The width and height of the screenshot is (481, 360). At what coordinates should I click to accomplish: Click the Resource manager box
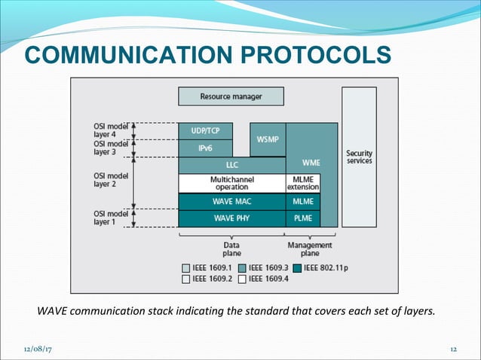[231, 96]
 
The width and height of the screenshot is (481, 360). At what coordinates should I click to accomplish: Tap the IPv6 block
[205, 148]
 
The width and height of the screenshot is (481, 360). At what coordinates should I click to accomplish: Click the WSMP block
[267, 139]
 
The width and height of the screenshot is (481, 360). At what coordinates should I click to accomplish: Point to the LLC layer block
[231, 165]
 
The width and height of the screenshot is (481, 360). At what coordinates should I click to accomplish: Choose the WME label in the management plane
[310, 162]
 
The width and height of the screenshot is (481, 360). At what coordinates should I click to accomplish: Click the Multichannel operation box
[231, 183]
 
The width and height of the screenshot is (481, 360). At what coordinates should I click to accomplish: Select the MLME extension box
[303, 183]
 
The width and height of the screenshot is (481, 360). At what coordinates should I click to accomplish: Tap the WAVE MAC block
[231, 202]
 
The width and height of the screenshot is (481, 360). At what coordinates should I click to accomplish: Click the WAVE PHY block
[231, 218]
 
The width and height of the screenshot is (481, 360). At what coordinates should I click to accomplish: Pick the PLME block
[303, 218]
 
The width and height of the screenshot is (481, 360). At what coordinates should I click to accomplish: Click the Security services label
[359, 157]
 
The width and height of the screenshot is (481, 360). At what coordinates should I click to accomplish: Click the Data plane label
[231, 249]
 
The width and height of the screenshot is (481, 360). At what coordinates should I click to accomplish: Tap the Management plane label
[310, 249]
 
